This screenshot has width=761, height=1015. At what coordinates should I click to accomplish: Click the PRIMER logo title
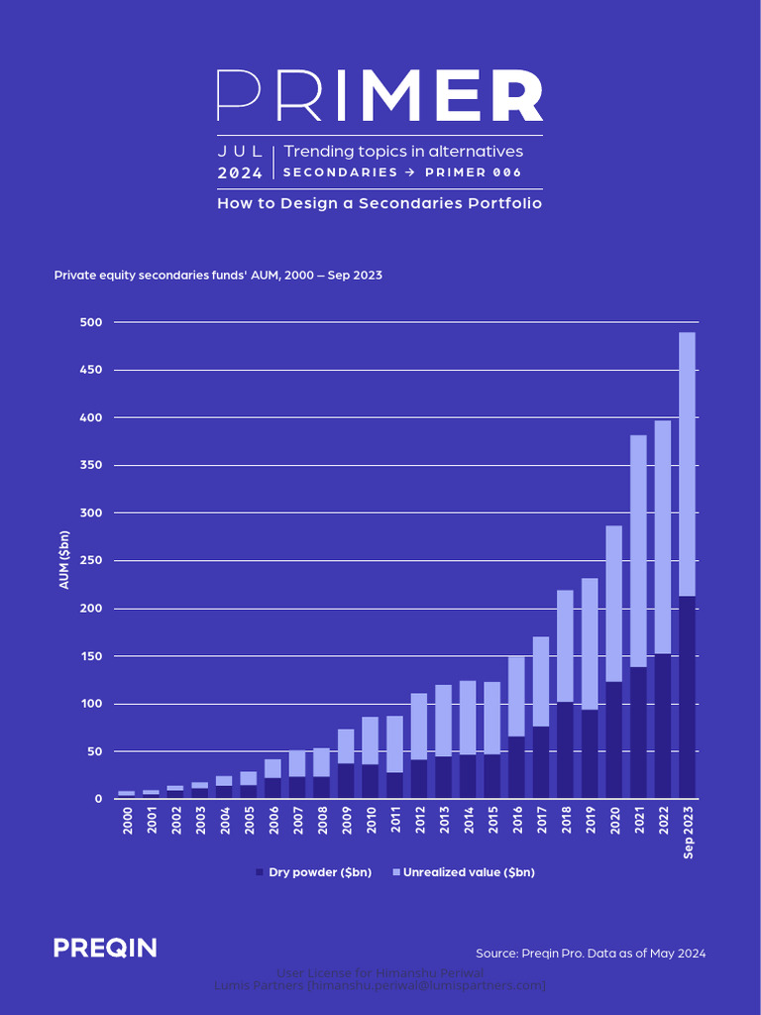click(380, 96)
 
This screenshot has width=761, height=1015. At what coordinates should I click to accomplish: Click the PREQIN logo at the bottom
click(105, 949)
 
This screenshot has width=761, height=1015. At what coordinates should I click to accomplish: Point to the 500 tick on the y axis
click(91, 322)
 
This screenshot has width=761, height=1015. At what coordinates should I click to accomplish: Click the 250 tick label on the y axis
click(91, 561)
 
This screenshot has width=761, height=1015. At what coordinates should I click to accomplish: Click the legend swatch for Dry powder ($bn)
click(260, 872)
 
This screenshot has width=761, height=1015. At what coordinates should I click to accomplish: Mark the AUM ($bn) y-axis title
click(64, 560)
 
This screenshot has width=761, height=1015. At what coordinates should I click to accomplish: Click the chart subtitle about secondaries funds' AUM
click(218, 275)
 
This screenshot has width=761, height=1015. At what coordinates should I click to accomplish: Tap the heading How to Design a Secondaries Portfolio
click(380, 203)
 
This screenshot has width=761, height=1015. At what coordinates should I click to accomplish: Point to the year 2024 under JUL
click(240, 173)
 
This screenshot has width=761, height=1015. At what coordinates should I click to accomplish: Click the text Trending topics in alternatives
click(403, 152)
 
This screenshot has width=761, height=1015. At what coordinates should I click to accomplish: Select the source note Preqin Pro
click(591, 953)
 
